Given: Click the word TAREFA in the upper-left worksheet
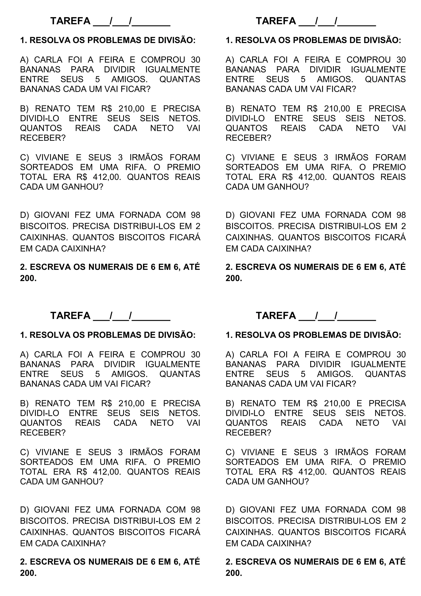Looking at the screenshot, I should (70, 21).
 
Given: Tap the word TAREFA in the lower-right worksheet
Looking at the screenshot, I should (276, 316).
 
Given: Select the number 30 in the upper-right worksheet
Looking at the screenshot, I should (401, 60).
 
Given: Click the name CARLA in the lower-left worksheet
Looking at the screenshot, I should (48, 355).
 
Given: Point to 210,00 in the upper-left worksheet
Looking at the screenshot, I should (131, 109).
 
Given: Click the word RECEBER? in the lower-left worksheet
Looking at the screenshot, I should (43, 433).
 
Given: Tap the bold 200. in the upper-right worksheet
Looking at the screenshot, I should (234, 278).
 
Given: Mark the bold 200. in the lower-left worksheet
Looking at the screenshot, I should (28, 573).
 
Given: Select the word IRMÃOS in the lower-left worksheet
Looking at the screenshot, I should (146, 452).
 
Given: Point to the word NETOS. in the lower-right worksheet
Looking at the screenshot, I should (390, 413).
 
